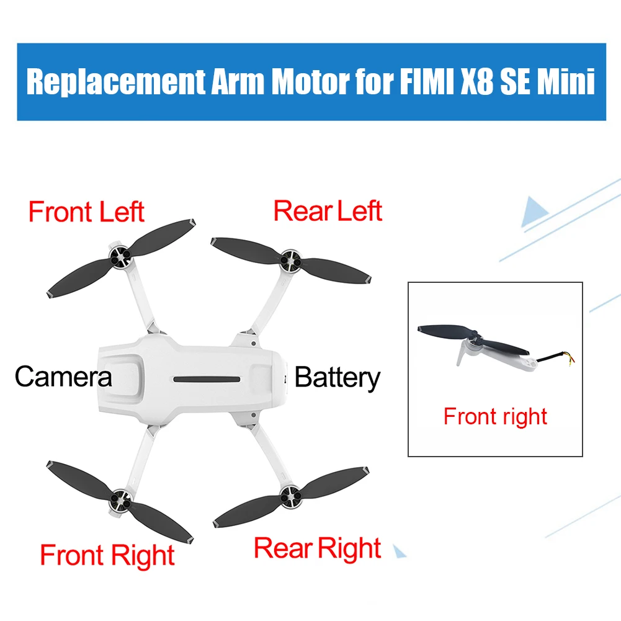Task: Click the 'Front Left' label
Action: click(86, 212)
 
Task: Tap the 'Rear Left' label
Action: click(328, 211)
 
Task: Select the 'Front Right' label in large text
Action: click(107, 555)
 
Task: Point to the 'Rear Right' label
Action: click(318, 548)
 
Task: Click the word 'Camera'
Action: click(63, 377)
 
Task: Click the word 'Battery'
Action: click(337, 377)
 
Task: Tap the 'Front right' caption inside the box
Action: click(495, 416)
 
